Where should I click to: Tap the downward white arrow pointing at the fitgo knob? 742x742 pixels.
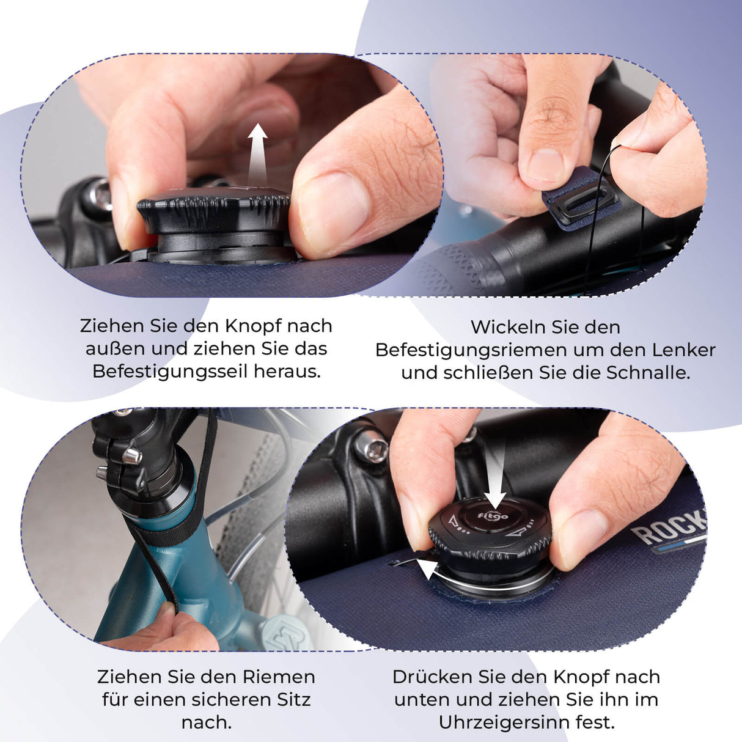point(496,483)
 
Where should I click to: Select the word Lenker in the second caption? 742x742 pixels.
point(683,350)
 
